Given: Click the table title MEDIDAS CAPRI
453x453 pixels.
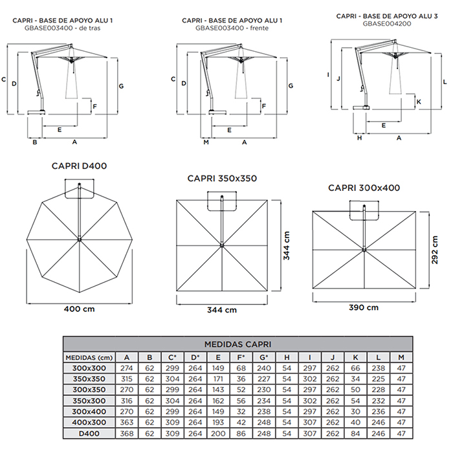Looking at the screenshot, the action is point(238,344).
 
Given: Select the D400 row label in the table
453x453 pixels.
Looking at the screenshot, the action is point(89,434).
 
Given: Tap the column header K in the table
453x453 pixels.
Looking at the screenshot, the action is point(355,357).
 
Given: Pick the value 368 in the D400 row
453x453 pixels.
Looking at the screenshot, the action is point(127,434).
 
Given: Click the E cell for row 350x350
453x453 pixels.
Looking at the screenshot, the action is point(218,379).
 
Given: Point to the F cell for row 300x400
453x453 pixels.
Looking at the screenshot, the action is point(241,412).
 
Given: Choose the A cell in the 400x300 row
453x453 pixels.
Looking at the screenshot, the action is point(127,423).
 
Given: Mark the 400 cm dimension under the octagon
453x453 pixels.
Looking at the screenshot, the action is point(79,309).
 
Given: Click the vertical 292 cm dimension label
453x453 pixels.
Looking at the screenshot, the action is point(434,250).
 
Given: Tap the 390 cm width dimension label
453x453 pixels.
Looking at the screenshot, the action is point(364,307).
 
